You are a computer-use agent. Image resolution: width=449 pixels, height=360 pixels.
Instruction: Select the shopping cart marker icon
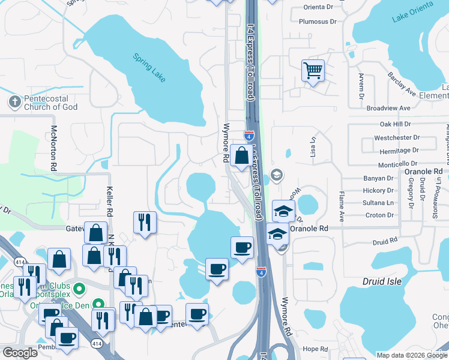tap(313, 71)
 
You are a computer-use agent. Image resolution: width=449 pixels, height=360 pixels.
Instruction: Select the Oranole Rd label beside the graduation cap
tap(309, 229)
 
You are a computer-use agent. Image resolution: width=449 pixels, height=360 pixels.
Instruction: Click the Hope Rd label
tap(315, 349)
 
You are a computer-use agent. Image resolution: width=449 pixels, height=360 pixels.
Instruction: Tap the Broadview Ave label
tap(388, 108)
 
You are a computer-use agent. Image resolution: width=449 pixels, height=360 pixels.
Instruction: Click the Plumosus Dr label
tap(318, 22)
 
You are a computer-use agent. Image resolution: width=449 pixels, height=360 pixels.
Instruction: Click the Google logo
tap(20, 353)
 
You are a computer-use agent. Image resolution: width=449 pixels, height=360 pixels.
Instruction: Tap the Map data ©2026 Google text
tap(411, 355)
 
